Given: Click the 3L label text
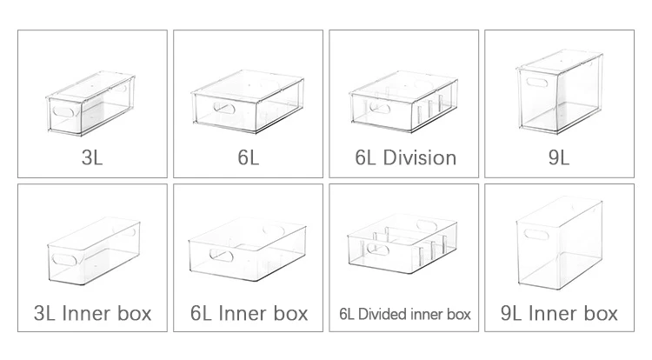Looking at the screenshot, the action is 92,157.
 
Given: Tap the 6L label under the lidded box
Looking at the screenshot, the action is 249,157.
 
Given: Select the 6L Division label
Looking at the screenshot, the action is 405,157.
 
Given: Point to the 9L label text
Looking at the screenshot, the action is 559,157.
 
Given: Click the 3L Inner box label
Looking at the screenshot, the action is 92,313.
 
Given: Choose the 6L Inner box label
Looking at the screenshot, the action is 249,313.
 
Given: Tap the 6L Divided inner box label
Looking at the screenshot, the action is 404,314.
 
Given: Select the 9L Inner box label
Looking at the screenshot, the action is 559,313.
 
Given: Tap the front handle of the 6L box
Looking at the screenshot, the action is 224,108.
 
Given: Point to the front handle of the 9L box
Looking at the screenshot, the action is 537,82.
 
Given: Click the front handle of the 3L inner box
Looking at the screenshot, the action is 64,260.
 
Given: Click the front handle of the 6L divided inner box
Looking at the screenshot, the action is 378,250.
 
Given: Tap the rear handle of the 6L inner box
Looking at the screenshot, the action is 274,230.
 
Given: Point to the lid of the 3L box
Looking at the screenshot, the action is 90,86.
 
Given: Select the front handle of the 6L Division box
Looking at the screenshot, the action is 380,108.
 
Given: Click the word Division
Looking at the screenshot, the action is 420,157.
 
